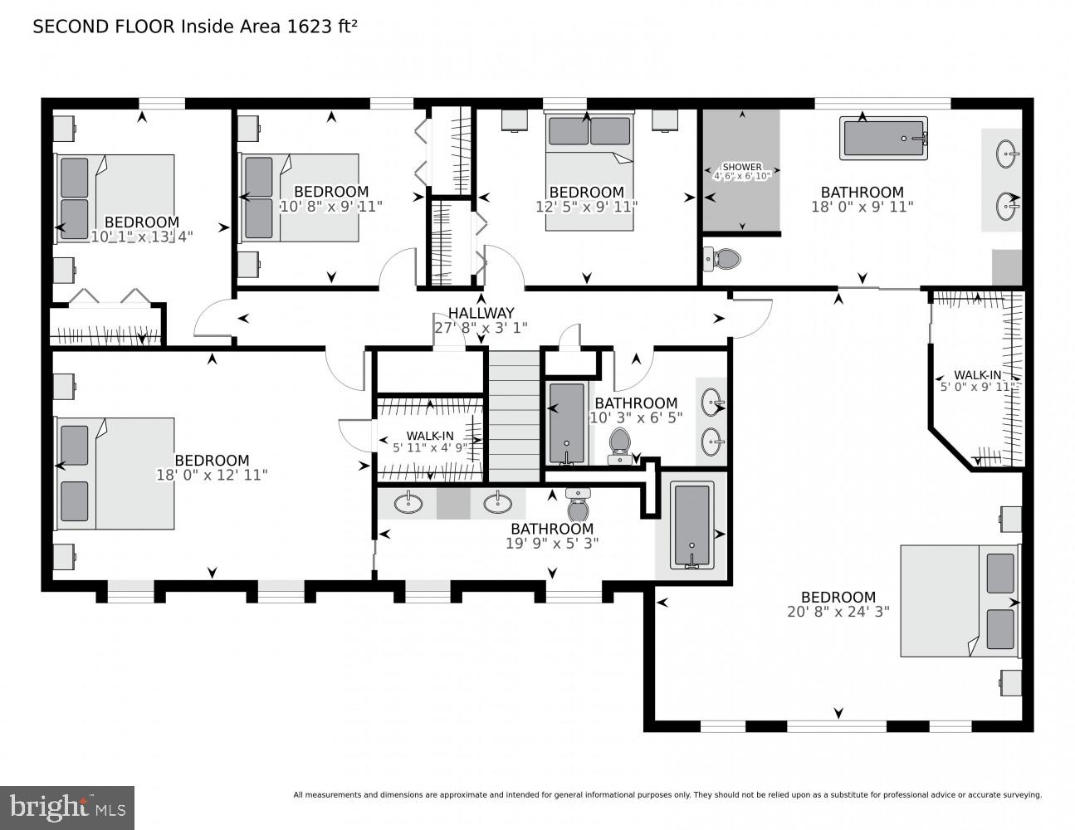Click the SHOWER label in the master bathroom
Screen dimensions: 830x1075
(741, 167)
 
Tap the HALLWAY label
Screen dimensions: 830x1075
(481, 313)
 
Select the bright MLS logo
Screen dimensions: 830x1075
(68, 807)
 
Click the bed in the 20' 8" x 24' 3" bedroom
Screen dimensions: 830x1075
(960, 601)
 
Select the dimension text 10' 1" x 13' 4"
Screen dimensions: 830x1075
(141, 237)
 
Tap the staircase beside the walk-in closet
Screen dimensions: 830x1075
(514, 415)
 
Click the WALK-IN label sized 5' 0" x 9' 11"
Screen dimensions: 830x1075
(977, 374)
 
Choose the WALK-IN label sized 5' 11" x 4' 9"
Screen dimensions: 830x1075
(429, 436)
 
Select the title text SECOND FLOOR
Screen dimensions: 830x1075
(104, 27)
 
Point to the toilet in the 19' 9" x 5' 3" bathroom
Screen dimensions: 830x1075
(578, 505)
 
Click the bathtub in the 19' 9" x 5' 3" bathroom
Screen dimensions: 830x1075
(691, 526)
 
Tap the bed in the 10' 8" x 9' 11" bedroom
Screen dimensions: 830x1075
(299, 198)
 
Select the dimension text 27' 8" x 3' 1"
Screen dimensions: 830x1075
(481, 328)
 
